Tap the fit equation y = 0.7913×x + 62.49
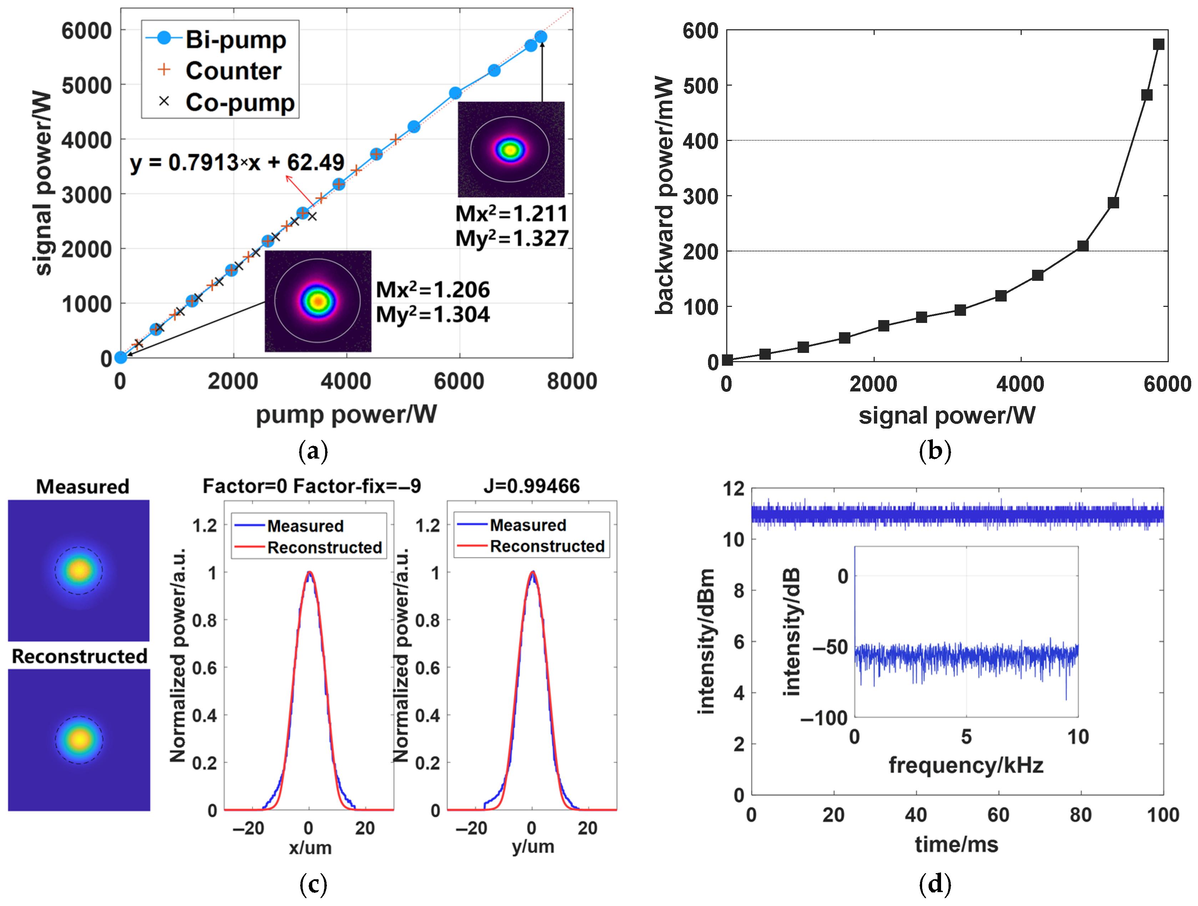(x=237, y=162)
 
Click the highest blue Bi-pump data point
(x=541, y=37)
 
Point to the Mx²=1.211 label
(x=511, y=213)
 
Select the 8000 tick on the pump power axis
(x=572, y=381)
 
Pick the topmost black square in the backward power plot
(x=1158, y=44)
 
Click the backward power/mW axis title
(x=664, y=195)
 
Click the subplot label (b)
(x=935, y=451)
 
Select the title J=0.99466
(x=531, y=486)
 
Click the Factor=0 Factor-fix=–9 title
(x=312, y=486)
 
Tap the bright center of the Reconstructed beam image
(x=80, y=739)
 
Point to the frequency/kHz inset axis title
(x=966, y=765)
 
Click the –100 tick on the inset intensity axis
(x=824, y=718)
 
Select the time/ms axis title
(x=956, y=844)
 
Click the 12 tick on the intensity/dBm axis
(x=734, y=489)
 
